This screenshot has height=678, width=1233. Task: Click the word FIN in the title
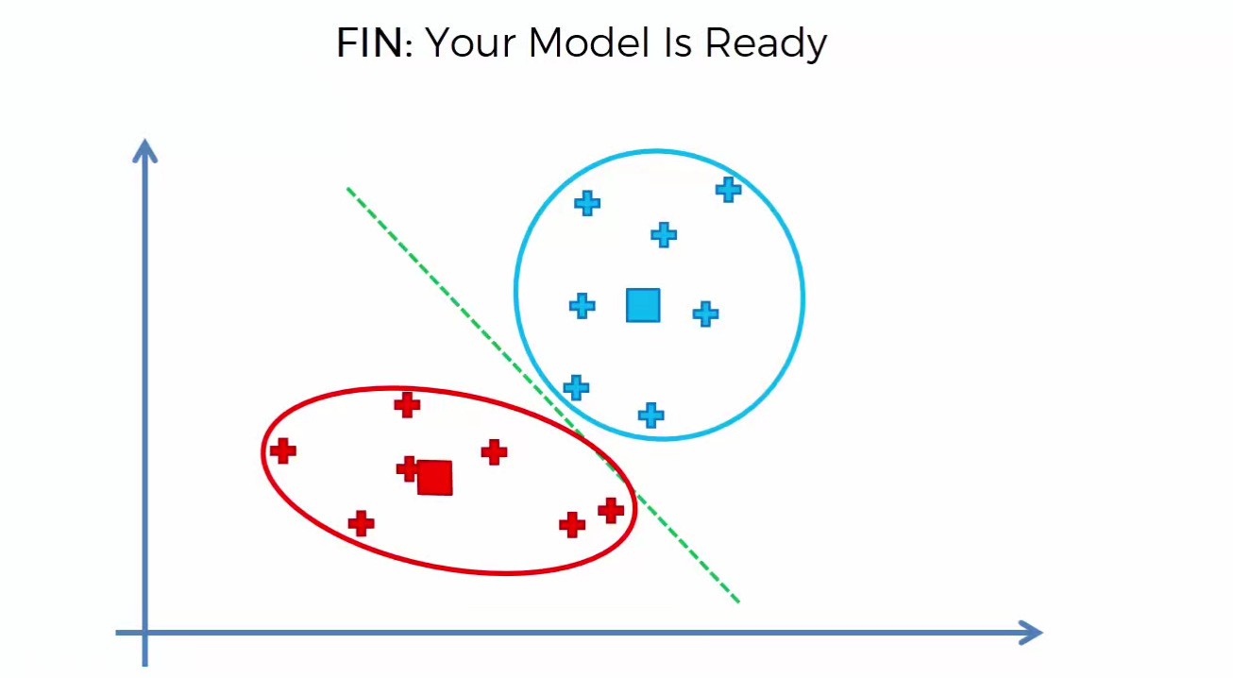click(x=369, y=42)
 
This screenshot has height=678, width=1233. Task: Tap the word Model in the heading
click(x=589, y=42)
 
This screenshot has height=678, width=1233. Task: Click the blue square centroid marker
click(x=643, y=305)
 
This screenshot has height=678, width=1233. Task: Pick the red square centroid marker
click(x=435, y=478)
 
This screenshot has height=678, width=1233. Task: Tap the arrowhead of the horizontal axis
click(x=1030, y=633)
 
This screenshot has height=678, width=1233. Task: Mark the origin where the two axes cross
click(x=144, y=633)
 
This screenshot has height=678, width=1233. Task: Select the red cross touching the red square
click(x=408, y=468)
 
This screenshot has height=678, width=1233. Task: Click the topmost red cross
click(x=407, y=405)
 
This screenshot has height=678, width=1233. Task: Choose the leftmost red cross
click(x=283, y=451)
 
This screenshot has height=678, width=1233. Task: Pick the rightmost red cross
click(x=611, y=511)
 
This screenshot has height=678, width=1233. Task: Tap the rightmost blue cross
click(x=728, y=190)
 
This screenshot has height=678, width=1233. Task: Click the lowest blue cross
click(x=651, y=415)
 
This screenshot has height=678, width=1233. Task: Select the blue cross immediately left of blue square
click(x=583, y=306)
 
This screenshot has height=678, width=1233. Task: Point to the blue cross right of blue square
click(x=705, y=314)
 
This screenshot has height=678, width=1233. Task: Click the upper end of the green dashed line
click(x=347, y=189)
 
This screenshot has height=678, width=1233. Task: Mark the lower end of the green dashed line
click(x=738, y=602)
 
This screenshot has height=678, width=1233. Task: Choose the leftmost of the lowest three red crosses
click(x=361, y=523)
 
